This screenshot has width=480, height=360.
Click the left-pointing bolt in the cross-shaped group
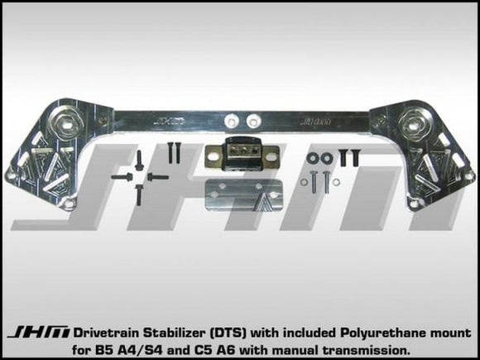click(119, 175)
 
